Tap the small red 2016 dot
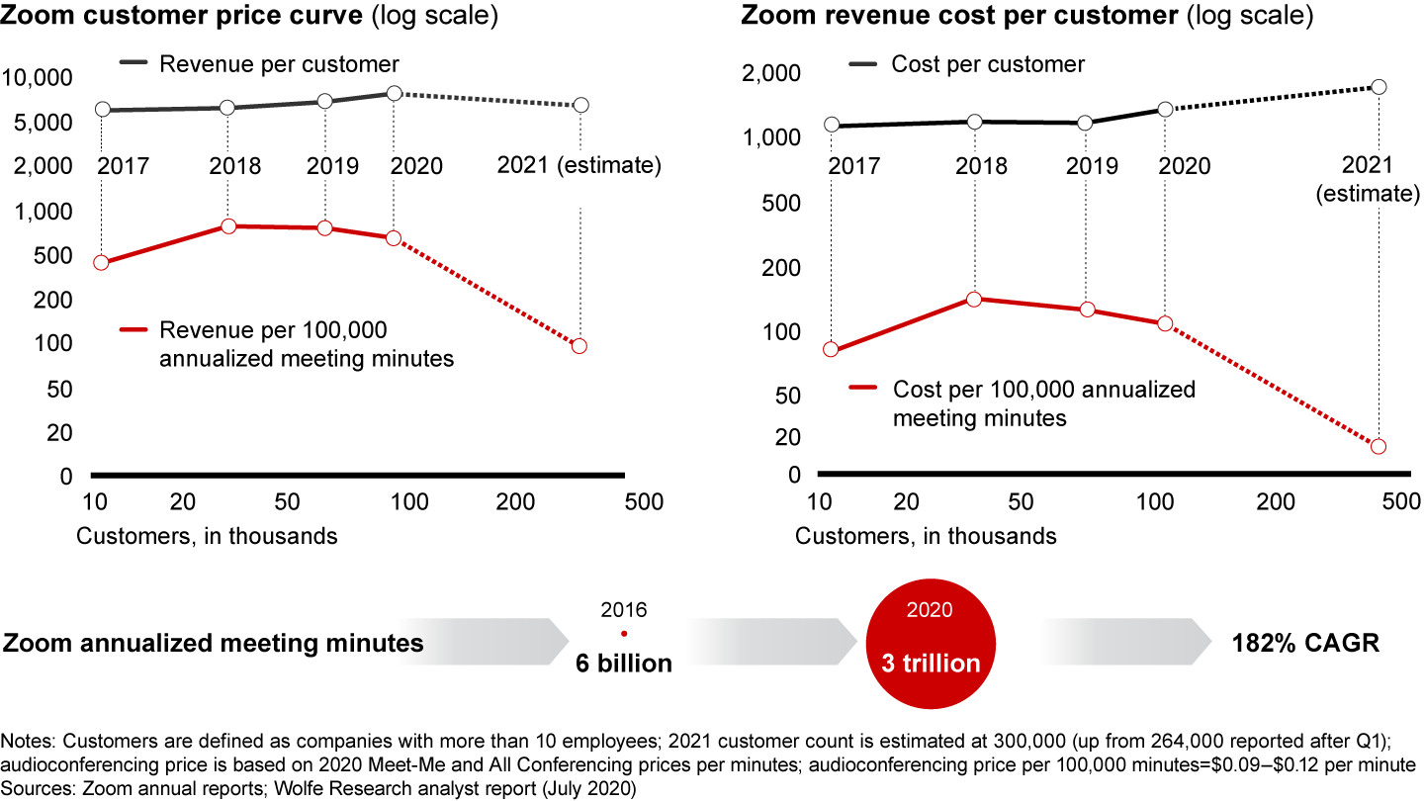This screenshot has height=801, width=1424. (624, 634)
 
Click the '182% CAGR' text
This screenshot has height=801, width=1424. (1304, 643)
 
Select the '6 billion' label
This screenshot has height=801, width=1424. (624, 664)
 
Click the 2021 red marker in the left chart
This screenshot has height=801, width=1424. (579, 346)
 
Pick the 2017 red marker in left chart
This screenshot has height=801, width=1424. (101, 263)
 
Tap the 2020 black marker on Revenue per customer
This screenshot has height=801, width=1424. (394, 93)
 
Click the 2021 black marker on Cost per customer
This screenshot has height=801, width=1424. (1379, 87)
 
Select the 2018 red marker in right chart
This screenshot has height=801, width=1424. (973, 299)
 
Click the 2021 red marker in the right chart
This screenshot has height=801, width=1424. (1379, 447)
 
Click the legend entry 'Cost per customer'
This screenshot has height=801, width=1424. (987, 64)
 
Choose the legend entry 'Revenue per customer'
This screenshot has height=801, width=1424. (279, 64)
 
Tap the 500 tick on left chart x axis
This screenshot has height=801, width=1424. (645, 503)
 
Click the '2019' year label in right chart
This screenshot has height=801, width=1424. (1092, 166)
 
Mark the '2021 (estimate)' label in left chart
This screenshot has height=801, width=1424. (578, 165)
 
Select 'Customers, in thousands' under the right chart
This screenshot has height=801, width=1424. (926, 537)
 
